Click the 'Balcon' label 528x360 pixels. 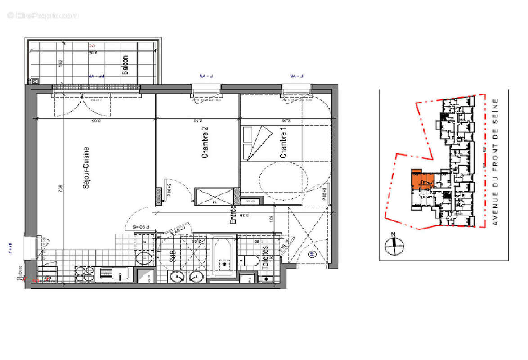click(125, 64)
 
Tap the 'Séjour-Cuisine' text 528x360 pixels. click(86, 170)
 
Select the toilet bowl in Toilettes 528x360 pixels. click(249, 260)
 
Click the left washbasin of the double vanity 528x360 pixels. click(176, 277)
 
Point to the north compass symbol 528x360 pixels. click(394, 245)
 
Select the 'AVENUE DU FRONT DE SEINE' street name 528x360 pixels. click(496, 162)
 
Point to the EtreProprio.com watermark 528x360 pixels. click(43, 16)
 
